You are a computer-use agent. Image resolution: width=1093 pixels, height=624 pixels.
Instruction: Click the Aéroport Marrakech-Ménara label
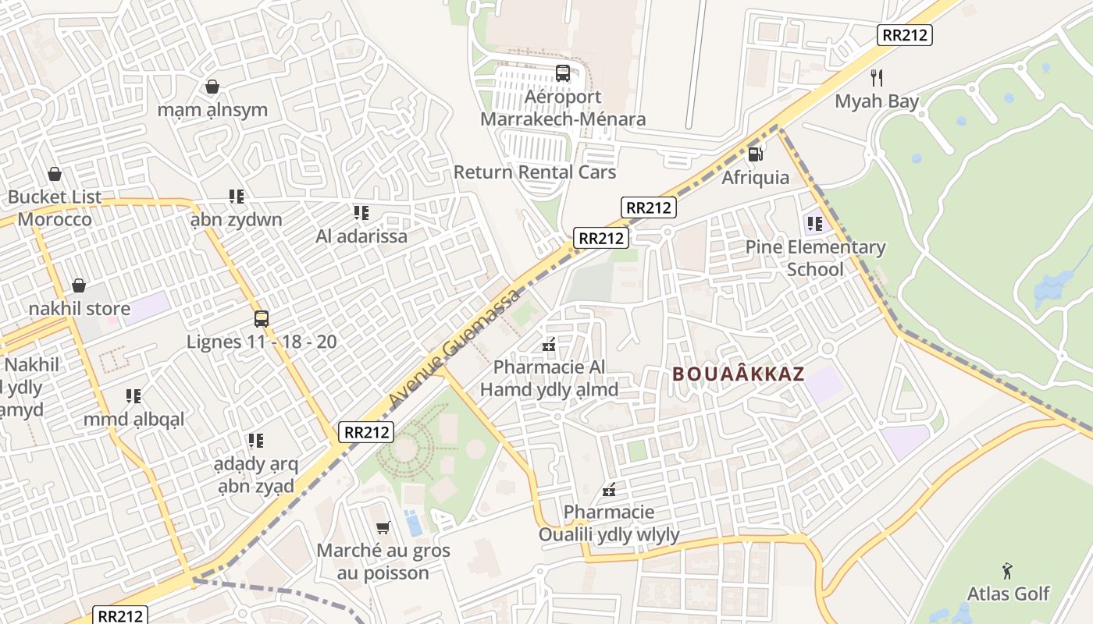tap(563, 108)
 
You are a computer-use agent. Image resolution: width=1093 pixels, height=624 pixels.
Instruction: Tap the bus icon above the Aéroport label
tap(563, 73)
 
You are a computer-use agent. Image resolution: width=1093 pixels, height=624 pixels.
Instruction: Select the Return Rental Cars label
tap(535, 172)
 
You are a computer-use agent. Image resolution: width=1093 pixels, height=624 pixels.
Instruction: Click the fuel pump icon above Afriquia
tap(755, 154)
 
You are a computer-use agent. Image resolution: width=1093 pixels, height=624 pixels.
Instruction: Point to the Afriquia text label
tap(755, 178)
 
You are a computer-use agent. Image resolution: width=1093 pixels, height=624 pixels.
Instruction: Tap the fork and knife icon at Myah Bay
tap(877, 78)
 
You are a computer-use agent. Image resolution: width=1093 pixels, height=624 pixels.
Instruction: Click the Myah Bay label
tap(877, 101)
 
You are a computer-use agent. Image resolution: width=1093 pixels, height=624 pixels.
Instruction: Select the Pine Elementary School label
tap(815, 258)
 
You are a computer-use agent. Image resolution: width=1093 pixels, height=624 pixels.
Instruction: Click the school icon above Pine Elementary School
tap(815, 225)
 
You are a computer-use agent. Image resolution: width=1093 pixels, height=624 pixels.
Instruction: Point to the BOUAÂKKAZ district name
tap(738, 374)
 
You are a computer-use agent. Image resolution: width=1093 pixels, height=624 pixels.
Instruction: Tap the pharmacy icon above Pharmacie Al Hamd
tap(549, 344)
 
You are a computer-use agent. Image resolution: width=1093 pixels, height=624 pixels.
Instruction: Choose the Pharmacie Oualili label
tap(609, 523)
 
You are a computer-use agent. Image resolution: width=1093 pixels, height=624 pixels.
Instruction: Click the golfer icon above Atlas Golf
tap(1008, 570)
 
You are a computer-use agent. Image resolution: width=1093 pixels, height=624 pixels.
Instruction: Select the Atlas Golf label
tap(1008, 594)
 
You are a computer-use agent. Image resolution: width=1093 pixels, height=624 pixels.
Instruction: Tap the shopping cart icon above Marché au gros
tap(383, 528)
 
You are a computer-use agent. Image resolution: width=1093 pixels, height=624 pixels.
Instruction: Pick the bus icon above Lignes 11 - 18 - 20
tap(262, 318)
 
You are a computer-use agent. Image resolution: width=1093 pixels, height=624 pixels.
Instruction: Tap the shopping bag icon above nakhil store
tap(79, 285)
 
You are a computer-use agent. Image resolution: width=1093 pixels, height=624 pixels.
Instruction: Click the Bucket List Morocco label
tap(55, 208)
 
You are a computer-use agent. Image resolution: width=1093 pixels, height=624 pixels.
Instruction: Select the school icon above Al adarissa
tap(361, 212)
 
